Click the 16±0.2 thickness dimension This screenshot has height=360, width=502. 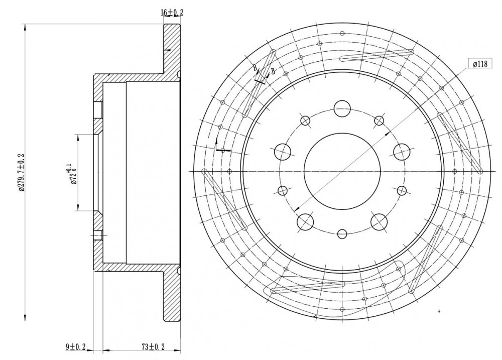172,13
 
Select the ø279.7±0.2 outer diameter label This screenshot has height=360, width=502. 22,172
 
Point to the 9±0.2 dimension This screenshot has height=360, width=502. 76,346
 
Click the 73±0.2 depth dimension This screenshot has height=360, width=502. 153,346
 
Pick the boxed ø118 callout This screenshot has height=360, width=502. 480,64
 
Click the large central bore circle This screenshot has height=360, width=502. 342,171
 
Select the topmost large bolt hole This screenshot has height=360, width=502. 342,109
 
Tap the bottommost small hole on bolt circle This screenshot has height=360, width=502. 342,234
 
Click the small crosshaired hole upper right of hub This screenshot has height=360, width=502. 379,121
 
